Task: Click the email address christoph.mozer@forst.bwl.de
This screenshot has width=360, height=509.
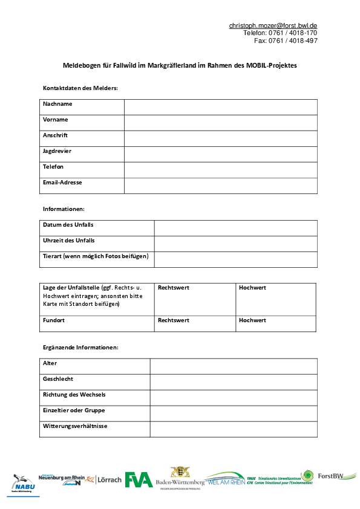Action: pos(273,25)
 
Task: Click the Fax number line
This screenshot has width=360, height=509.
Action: pos(286,41)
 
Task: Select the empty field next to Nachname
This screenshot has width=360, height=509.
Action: pos(220,107)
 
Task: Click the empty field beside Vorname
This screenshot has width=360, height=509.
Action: pos(220,123)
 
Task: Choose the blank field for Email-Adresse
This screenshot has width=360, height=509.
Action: pos(220,186)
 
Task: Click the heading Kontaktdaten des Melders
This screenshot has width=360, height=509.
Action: pos(80,88)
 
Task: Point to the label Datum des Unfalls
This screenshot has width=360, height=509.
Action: pos(68,225)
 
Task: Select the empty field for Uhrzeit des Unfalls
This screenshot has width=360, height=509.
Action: pos(235,244)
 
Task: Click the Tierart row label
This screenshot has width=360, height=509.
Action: pos(96,256)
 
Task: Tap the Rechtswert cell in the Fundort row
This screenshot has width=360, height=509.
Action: pos(195,323)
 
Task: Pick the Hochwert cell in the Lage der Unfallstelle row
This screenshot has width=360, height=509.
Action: pos(276,299)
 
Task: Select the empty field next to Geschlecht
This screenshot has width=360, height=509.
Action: pos(233,382)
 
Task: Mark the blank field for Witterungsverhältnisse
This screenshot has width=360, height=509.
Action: pos(233,429)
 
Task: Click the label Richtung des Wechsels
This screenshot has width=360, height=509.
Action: pos(74,395)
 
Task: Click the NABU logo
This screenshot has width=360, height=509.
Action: pos(24,484)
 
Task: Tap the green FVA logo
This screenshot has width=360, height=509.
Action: pos(139,480)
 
